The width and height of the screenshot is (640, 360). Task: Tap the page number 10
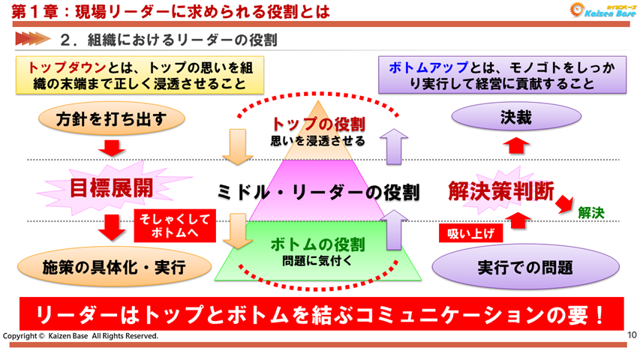pos(631,334)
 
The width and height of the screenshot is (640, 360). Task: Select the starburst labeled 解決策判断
pos(500,190)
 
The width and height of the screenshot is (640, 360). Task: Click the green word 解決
pos(591,213)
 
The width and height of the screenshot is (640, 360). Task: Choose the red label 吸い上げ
pos(470,233)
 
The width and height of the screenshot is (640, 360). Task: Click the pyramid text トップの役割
pos(318,124)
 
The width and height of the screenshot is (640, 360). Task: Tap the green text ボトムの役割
pos(317,244)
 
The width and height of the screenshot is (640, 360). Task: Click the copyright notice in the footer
pos(81,336)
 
